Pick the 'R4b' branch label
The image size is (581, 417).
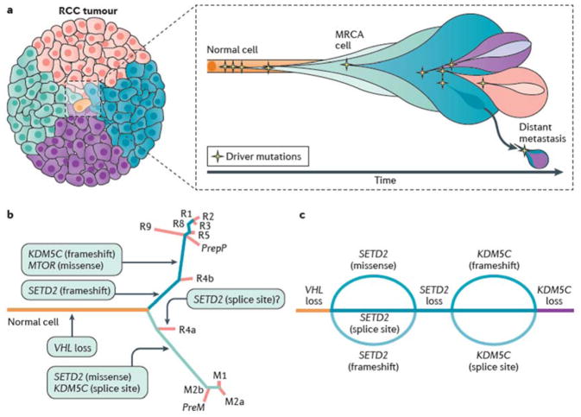(x=205, y=278)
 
